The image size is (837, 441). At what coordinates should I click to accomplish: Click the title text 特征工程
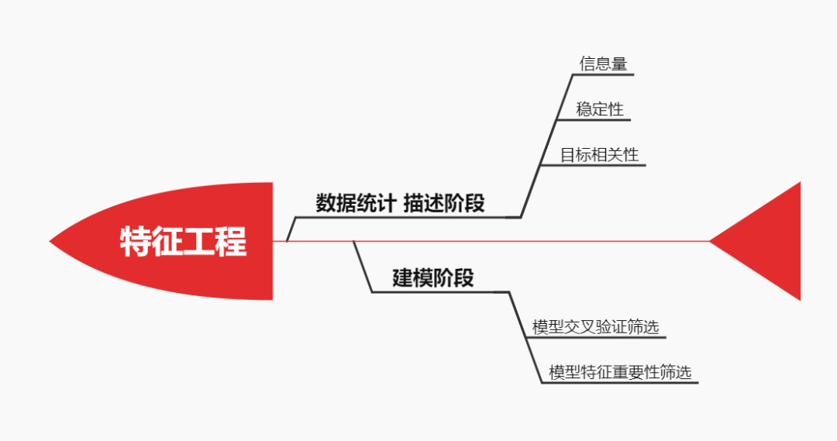pyautogui.click(x=184, y=241)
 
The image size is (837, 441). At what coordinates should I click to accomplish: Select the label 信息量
pyautogui.click(x=603, y=64)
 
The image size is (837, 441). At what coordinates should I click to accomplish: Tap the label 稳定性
pyautogui.click(x=600, y=109)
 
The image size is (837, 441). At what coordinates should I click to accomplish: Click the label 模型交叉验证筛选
pyautogui.click(x=595, y=327)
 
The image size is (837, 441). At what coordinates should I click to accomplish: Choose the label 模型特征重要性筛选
pyautogui.click(x=619, y=372)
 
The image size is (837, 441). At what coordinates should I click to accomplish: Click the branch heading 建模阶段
pyautogui.click(x=433, y=278)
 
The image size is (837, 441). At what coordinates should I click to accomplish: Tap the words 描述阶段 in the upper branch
pyautogui.click(x=444, y=204)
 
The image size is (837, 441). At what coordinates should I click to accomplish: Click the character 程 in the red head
pyautogui.click(x=231, y=241)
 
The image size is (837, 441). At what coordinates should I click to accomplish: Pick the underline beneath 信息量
pyautogui.click(x=604, y=75)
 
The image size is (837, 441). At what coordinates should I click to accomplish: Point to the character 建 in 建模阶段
pyautogui.click(x=403, y=278)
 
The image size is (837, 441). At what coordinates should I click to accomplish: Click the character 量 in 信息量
pyautogui.click(x=618, y=64)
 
